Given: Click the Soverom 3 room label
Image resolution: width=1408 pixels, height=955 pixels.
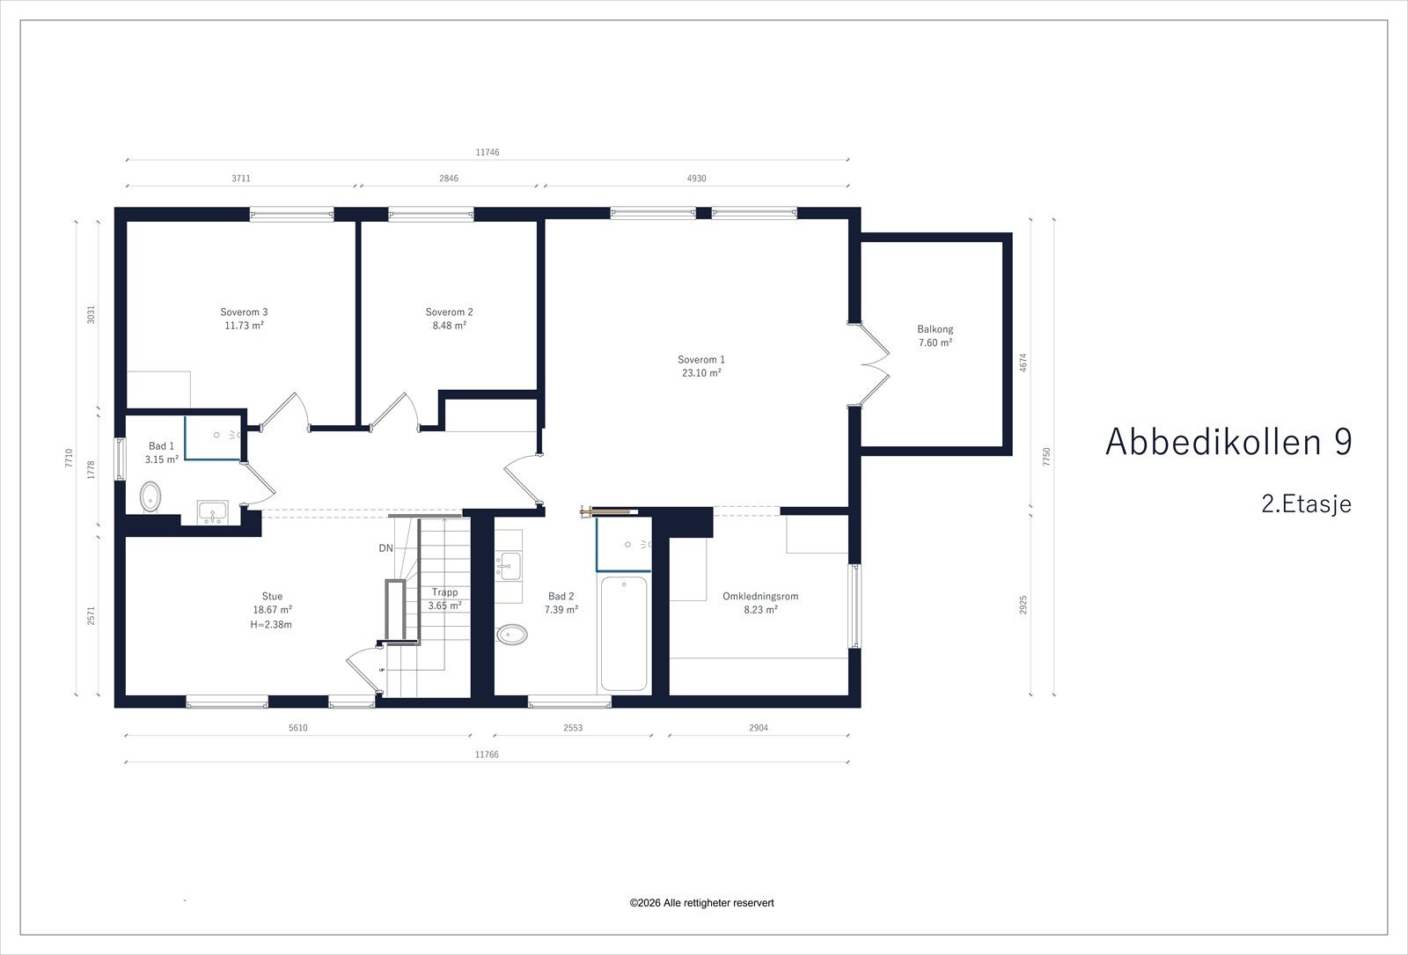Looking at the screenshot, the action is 244,312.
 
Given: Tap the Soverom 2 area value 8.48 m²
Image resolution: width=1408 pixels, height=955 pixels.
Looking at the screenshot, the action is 450,326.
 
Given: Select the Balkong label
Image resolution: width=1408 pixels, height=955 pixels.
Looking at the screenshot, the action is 935,329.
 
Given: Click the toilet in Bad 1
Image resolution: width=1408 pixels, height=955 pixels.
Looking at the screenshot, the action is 150,496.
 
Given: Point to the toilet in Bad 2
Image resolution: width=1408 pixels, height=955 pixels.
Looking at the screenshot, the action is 512,635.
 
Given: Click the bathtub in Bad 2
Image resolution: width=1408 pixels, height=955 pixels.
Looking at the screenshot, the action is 624,633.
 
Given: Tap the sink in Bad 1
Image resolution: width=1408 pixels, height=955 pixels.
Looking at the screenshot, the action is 212,511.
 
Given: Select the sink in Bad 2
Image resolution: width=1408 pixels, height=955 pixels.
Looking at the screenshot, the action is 509,566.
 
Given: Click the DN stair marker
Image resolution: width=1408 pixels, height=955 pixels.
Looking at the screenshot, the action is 386,548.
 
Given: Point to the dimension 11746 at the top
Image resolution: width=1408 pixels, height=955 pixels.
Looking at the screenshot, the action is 488,152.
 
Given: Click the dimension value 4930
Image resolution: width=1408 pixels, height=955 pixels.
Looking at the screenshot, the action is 696,179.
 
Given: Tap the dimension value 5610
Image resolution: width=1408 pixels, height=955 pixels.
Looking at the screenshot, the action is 298,728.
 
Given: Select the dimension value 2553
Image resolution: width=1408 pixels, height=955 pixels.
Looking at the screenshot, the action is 573,728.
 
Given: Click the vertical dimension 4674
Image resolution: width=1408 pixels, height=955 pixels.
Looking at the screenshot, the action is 1023,363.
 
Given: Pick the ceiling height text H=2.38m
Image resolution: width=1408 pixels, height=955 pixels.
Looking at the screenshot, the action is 271,625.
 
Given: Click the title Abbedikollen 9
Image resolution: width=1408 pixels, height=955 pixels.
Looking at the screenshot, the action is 1228,442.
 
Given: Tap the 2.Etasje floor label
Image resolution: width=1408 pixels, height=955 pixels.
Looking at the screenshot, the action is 1306,504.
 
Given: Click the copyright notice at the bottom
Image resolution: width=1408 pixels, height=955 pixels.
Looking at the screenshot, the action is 701,903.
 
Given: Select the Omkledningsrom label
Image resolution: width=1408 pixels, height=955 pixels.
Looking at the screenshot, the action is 760,596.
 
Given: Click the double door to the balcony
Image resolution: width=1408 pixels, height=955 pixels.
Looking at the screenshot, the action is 869,364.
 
